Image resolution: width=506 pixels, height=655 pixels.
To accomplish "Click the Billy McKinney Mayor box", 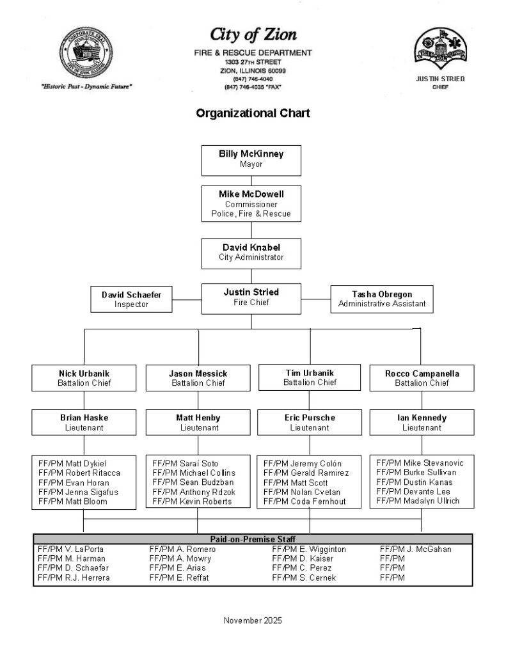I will pyautogui.click(x=251, y=159).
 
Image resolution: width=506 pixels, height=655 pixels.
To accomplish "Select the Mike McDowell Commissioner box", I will pyautogui.click(x=251, y=203).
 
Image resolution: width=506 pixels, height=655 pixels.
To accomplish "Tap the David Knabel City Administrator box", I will pyautogui.click(x=251, y=252).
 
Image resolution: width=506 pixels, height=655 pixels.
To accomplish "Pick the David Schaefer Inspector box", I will pyautogui.click(x=131, y=299).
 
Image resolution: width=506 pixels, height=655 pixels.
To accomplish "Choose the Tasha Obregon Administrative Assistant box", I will pyautogui.click(x=381, y=299).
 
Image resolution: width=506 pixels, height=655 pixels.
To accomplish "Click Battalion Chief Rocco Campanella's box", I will pyautogui.click(x=422, y=378).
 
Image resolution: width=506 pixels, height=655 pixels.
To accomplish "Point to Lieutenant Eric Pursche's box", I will pyautogui.click(x=310, y=422).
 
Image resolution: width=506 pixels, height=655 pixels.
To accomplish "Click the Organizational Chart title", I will pyautogui.click(x=253, y=114).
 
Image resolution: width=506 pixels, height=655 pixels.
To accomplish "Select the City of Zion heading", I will pyautogui.click(x=253, y=34).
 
